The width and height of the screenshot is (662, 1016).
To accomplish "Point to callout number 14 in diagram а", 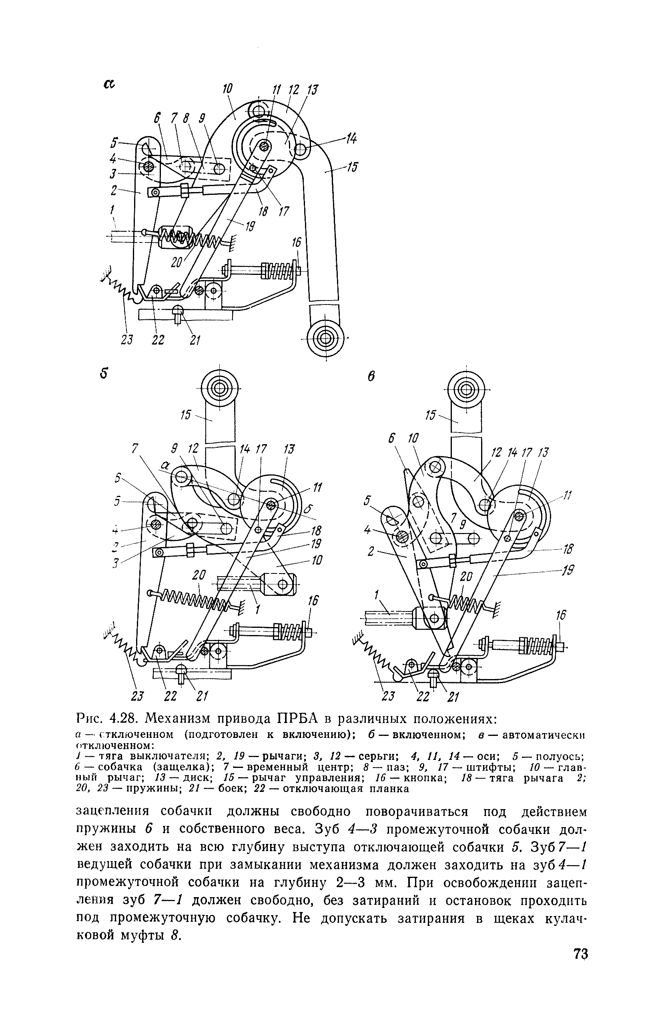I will (x=351, y=139).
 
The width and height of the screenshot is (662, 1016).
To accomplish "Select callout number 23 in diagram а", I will (x=127, y=340).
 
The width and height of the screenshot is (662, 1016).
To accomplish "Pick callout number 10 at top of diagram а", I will (x=227, y=89).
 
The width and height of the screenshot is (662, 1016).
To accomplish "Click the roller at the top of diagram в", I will (x=466, y=390).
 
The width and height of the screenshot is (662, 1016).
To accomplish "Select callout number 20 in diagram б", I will (x=199, y=575).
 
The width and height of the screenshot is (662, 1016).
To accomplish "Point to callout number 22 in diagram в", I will (x=423, y=696).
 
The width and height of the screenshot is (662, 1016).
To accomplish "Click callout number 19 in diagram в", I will (x=568, y=570).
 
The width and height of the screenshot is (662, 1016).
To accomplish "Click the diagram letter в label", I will (x=371, y=377).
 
